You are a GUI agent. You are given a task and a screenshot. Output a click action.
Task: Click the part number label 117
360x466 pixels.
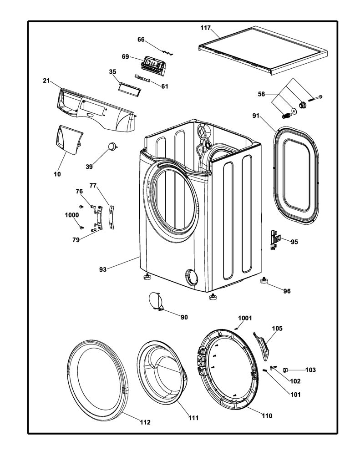tap(205, 28)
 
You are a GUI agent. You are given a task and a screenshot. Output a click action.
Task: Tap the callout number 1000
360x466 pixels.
tap(71, 215)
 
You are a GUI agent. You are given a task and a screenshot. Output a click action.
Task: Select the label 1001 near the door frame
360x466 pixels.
tap(245, 318)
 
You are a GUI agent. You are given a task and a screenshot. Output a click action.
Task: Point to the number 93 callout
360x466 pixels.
tap(102, 269)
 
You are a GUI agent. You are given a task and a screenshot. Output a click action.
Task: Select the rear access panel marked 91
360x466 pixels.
tap(295, 175)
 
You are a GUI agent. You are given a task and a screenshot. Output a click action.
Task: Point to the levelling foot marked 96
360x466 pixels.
tap(264, 280)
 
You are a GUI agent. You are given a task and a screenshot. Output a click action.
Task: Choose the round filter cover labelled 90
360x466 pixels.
tap(156, 301)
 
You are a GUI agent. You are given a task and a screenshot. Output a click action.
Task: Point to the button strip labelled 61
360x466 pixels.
tap(142, 78)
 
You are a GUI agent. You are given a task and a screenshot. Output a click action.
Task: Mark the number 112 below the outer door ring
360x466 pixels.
tap(145, 422)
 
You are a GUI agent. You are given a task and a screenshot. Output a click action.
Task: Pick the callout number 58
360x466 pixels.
tap(261, 94)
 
